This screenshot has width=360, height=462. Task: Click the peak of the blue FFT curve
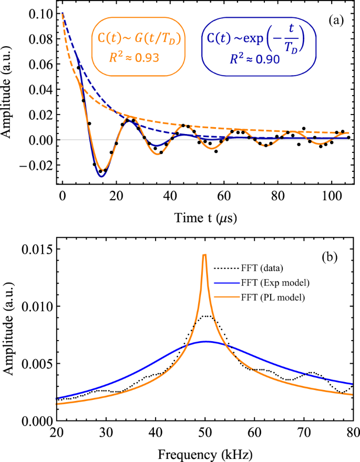[x=206, y=341]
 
